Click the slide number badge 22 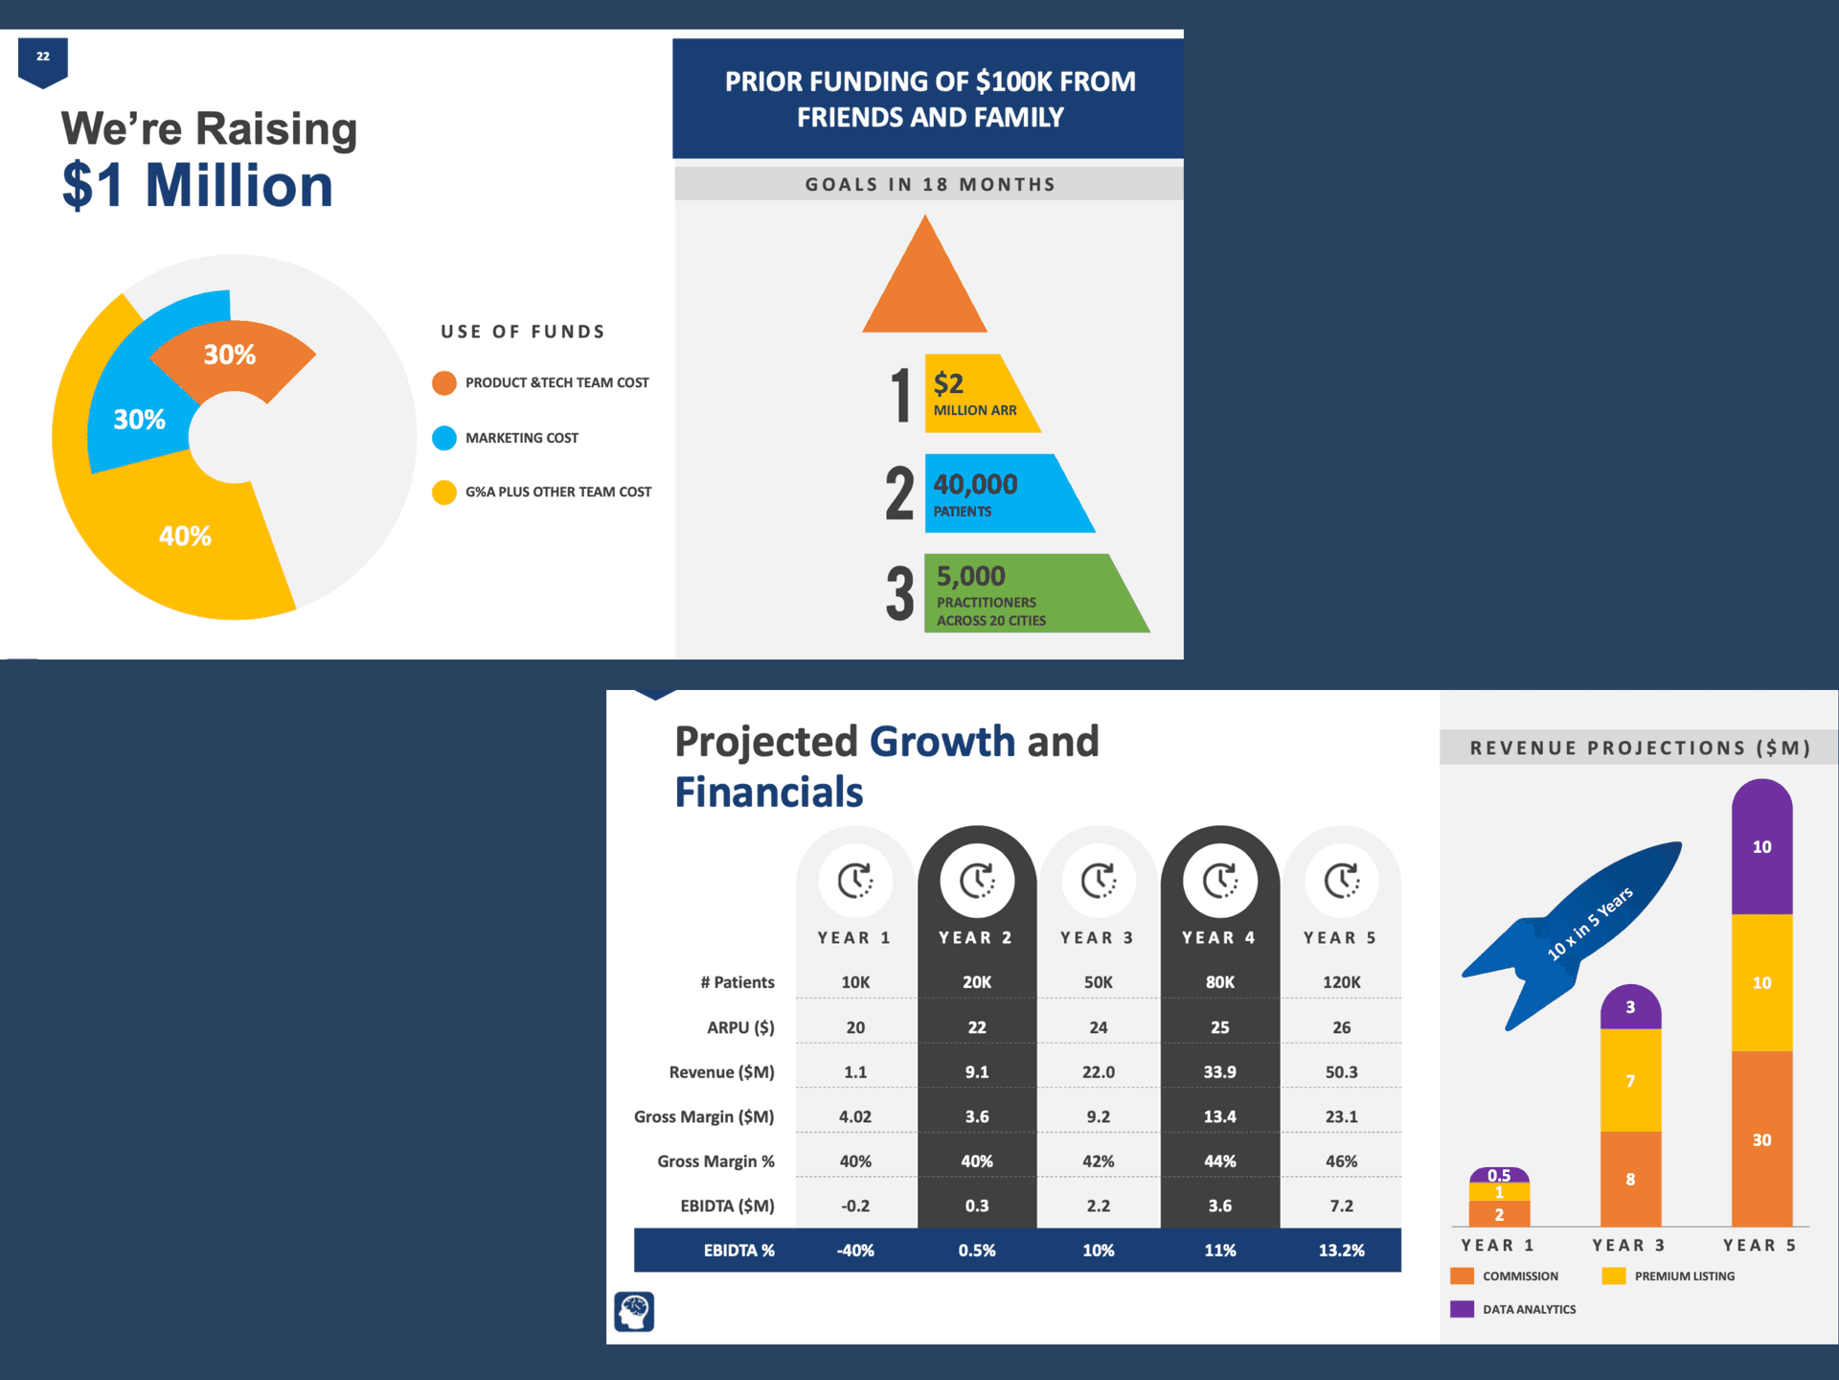(x=43, y=61)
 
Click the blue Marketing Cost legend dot (x=444, y=438)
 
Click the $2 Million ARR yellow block (x=977, y=394)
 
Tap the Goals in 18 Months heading (x=930, y=184)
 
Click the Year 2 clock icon (x=977, y=880)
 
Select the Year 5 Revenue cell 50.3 (x=1341, y=1071)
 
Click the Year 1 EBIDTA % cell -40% (x=855, y=1251)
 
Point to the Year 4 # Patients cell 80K (x=1219, y=982)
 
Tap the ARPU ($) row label (x=740, y=1027)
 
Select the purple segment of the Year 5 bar (x=1761, y=847)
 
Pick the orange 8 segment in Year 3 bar (x=1630, y=1179)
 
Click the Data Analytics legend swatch (x=1462, y=1309)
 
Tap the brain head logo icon (x=634, y=1312)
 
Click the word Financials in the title (x=769, y=793)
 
